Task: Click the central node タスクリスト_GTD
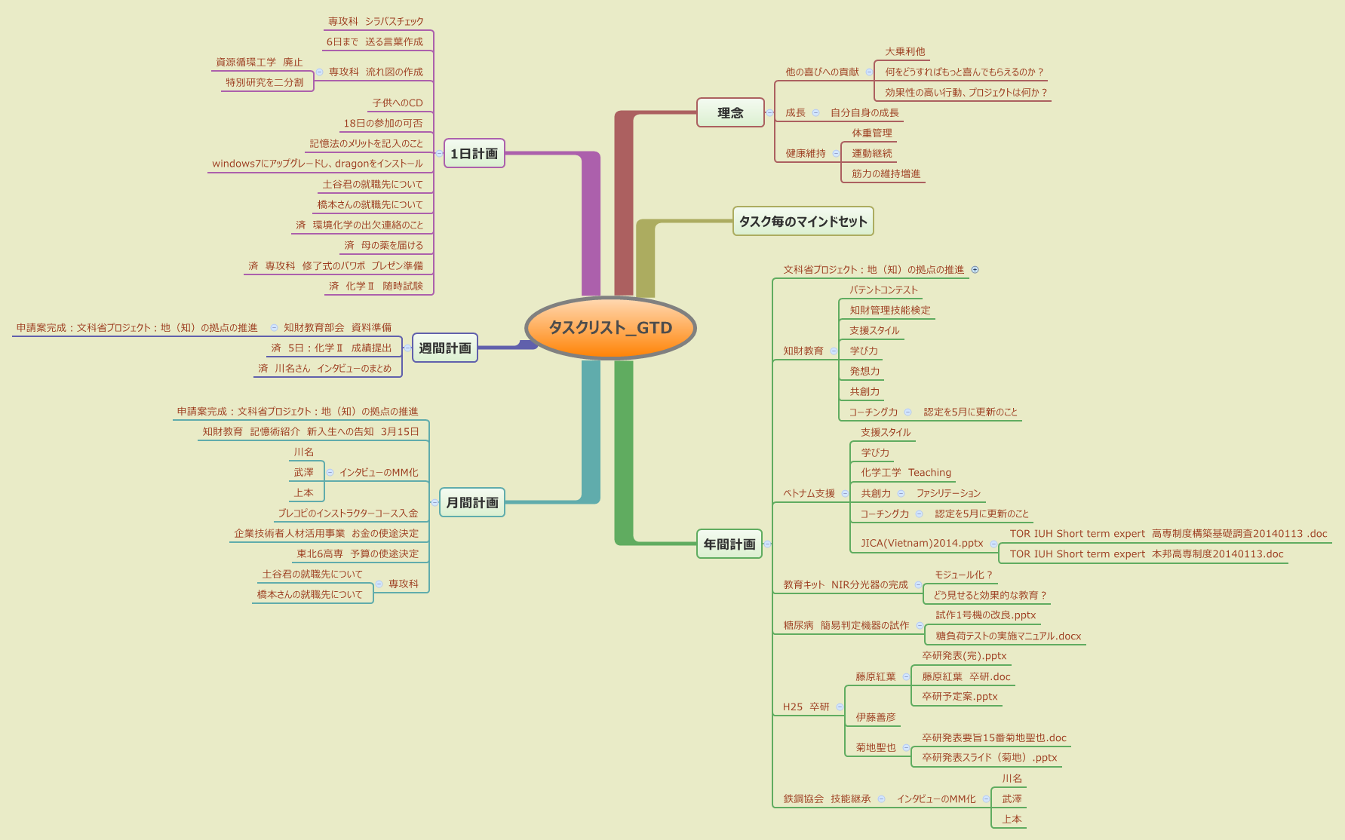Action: click(x=610, y=328)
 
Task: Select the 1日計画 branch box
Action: click(x=474, y=154)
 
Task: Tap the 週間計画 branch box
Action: click(x=444, y=348)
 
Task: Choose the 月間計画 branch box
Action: click(x=471, y=502)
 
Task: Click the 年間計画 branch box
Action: click(x=729, y=544)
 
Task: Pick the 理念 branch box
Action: click(x=729, y=112)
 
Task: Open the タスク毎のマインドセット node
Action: click(x=803, y=221)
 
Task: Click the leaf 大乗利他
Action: click(x=904, y=51)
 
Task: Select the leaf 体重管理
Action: click(x=871, y=133)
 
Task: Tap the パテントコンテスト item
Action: click(x=883, y=290)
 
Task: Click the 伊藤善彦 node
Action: click(x=875, y=717)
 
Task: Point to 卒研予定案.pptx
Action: click(x=960, y=696)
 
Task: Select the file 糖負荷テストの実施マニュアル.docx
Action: click(x=1008, y=636)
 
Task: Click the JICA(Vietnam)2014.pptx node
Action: click(x=922, y=543)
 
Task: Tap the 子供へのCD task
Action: click(x=397, y=103)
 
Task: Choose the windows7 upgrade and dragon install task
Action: click(x=317, y=164)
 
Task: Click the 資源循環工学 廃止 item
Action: click(x=259, y=62)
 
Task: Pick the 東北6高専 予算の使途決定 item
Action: click(x=357, y=553)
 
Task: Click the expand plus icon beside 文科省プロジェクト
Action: click(x=975, y=269)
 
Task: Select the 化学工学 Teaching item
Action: click(x=905, y=473)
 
